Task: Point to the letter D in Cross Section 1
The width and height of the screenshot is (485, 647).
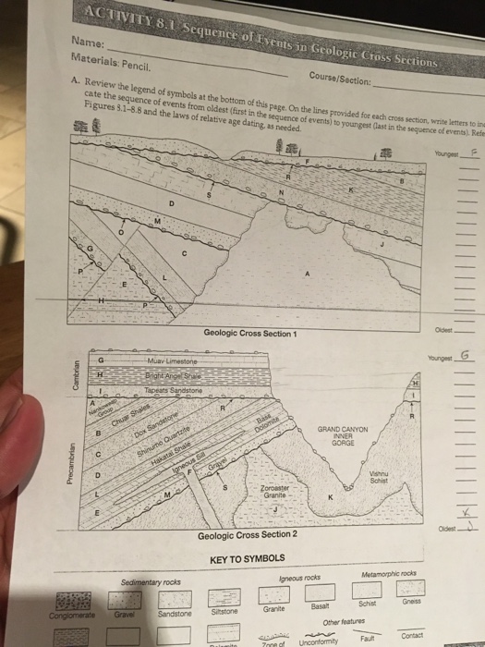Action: [x=170, y=204]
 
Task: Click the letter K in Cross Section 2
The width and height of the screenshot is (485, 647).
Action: [x=330, y=498]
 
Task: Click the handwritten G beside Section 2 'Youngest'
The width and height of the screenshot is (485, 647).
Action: [x=464, y=355]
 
